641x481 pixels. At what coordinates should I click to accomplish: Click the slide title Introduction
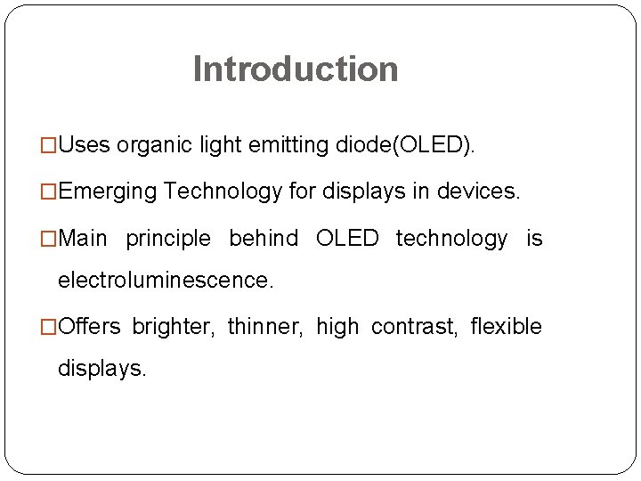tap(296, 69)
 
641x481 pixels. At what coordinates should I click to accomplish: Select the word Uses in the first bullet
tap(85, 145)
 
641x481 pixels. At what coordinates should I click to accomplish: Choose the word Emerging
tap(108, 192)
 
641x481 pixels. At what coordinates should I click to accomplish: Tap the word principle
tap(168, 239)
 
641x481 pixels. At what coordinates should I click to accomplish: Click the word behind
tap(264, 239)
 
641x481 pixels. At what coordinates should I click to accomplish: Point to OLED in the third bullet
tap(347, 239)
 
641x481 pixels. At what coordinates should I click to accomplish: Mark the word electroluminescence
tap(166, 281)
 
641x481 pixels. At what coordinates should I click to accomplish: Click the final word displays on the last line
tap(101, 368)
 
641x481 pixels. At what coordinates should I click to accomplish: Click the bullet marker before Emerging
tap(50, 192)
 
